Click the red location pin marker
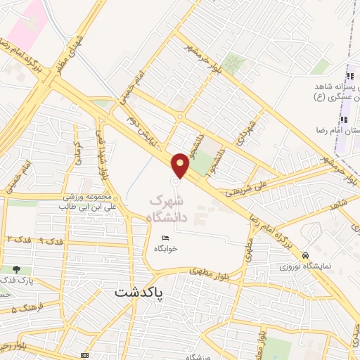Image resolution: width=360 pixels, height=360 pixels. coord(181,164)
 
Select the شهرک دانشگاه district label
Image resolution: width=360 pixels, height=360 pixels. coord(169,208)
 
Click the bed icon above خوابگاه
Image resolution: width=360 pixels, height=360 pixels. coord(165,237)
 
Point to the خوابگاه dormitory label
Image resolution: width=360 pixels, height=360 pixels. coord(165,248)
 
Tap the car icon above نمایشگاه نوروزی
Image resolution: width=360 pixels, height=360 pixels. coord(305,255)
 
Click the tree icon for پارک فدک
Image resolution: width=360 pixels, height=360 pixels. coord(16,269)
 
